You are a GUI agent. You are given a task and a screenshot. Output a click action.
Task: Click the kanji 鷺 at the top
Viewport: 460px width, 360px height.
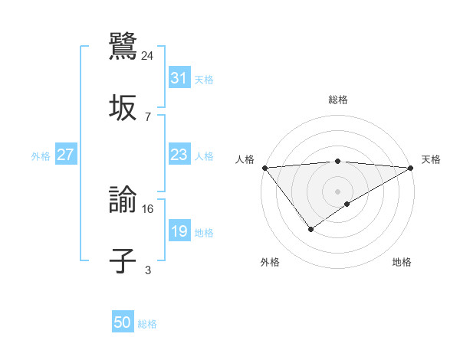tap(123, 45)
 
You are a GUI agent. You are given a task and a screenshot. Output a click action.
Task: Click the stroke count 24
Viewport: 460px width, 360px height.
tap(148, 55)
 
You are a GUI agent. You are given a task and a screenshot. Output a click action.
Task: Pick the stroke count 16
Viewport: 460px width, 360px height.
tap(148, 208)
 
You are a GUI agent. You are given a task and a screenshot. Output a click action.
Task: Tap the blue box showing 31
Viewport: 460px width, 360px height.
tap(179, 78)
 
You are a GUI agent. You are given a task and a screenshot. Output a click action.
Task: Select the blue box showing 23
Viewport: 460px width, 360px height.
tap(179, 155)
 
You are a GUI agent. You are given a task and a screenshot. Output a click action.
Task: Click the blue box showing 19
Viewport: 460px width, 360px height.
tap(179, 231)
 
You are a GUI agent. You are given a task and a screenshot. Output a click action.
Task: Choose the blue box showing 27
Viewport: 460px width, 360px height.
tap(65, 155)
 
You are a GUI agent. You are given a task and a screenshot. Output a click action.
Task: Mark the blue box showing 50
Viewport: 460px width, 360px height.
tap(123, 323)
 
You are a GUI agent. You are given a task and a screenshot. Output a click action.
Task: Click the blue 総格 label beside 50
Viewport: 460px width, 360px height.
tap(147, 324)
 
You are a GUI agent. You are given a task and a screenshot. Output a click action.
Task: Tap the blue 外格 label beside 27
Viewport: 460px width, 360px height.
tap(41, 155)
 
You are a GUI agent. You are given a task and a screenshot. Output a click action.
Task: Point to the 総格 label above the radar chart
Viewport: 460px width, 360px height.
tap(337, 100)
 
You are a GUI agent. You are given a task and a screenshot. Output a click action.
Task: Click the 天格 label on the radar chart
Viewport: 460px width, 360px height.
tap(431, 159)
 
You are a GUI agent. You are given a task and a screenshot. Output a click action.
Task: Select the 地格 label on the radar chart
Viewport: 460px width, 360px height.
tap(402, 262)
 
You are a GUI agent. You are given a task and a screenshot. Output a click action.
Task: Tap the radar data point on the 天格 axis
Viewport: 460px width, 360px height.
tap(411, 168)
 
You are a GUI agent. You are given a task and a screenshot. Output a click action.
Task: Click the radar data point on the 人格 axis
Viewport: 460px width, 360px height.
tap(264, 168)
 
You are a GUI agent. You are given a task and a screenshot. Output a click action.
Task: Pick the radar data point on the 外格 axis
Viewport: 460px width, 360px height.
tap(310, 228)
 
